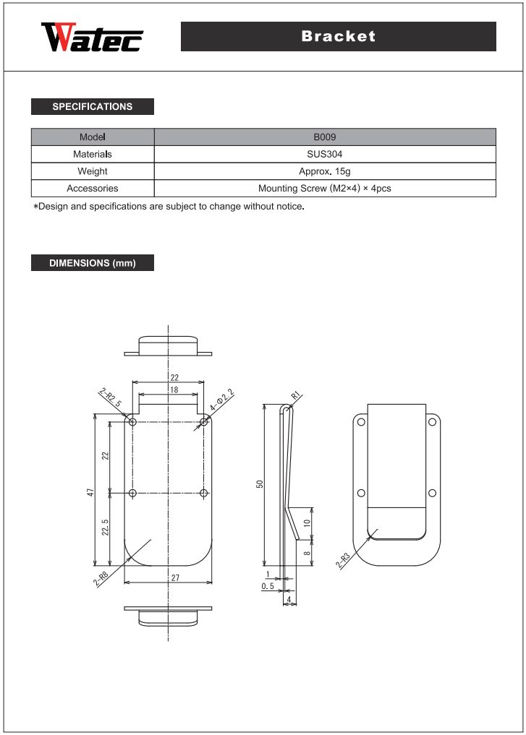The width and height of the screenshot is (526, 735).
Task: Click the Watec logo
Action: pyautogui.click(x=92, y=38)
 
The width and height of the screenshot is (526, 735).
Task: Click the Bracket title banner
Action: pyautogui.click(x=338, y=36)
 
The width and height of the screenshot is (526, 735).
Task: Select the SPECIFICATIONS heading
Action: pyautogui.click(x=93, y=107)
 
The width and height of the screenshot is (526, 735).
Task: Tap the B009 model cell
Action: pyautogui.click(x=325, y=137)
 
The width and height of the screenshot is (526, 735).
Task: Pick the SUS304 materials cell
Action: pyautogui.click(x=325, y=154)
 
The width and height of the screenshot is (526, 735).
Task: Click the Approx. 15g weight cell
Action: pyautogui.click(x=325, y=171)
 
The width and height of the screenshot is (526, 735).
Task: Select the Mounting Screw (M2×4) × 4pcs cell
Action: pyautogui.click(x=325, y=189)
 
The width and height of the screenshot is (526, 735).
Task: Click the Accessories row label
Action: pyautogui.click(x=93, y=189)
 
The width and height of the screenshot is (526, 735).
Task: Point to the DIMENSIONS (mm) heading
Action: pyautogui.click(x=93, y=263)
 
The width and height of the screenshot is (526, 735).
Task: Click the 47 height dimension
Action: pyautogui.click(x=90, y=492)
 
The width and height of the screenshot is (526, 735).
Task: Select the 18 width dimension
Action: pyautogui.click(x=174, y=390)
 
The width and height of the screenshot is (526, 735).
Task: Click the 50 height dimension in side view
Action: pyautogui.click(x=259, y=484)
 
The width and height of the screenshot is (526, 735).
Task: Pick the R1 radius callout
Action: pyautogui.click(x=295, y=395)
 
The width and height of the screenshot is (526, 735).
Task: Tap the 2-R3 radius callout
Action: pyautogui.click(x=343, y=561)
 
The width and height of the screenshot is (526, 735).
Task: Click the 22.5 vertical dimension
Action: pyautogui.click(x=106, y=528)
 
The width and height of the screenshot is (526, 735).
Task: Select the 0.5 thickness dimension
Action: pyautogui.click(x=268, y=587)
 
